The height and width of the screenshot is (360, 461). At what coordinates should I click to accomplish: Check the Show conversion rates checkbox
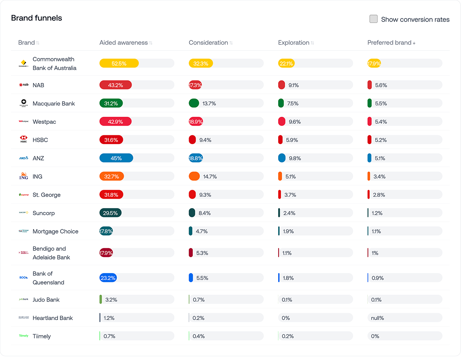373,19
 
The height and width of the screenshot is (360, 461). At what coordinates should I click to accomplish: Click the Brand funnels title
36,18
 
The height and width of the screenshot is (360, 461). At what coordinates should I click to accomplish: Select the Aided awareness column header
123,43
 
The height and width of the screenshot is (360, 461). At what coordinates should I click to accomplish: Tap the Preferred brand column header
389,43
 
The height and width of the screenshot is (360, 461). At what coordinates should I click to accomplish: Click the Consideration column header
208,43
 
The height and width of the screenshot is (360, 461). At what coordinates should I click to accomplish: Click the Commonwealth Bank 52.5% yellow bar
119,63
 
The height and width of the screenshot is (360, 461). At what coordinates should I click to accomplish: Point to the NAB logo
24,85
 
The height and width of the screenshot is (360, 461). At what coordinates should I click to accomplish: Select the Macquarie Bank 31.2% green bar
111,103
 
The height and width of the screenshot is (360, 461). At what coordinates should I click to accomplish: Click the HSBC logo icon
24,139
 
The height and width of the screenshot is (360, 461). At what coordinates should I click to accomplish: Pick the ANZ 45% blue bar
116,158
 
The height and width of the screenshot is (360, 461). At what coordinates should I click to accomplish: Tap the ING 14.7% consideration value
210,177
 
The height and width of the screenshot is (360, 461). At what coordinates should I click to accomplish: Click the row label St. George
46,195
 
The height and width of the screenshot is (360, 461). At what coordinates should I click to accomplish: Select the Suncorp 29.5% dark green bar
110,213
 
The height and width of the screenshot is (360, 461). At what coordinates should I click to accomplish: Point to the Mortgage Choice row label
55,231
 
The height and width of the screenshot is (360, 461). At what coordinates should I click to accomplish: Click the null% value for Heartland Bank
378,318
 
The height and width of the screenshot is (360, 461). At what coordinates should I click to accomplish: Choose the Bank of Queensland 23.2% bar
108,278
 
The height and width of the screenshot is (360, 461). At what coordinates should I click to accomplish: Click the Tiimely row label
41,336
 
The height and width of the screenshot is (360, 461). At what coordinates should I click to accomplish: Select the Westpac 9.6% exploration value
294,122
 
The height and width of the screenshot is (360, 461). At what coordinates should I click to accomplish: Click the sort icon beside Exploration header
312,43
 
